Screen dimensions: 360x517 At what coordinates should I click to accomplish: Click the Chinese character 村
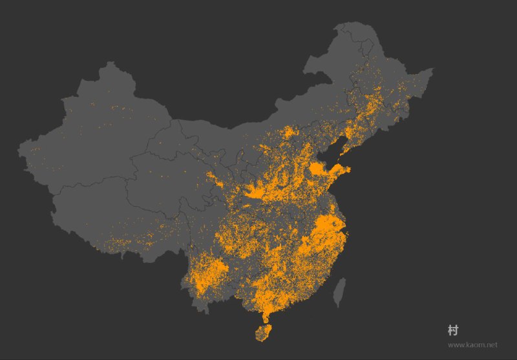(x=452, y=330)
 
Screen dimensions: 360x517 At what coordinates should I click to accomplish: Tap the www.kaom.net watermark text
(x=472, y=345)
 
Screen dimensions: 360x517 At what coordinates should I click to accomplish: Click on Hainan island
(x=262, y=332)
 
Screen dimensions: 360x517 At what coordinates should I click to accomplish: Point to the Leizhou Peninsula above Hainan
(x=265, y=316)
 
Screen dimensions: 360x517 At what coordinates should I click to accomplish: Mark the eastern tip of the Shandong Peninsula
(x=349, y=169)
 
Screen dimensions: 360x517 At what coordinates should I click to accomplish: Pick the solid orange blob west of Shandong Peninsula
(x=319, y=170)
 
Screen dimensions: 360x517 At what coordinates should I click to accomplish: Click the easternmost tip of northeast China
(x=432, y=69)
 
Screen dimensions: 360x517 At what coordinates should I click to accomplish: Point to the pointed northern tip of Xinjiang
(x=111, y=63)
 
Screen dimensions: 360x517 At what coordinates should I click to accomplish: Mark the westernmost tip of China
(x=19, y=150)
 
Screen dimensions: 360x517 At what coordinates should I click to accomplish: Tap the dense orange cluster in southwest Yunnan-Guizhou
(x=210, y=271)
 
